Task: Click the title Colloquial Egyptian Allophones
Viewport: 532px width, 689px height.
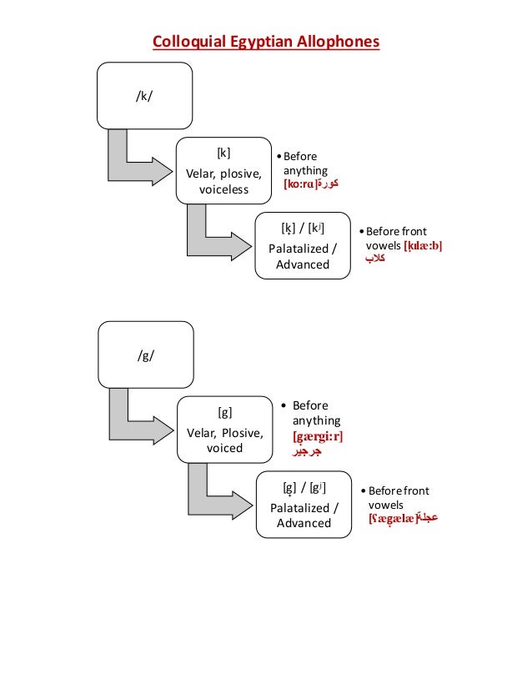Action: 265,41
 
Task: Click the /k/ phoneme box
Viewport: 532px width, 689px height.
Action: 145,95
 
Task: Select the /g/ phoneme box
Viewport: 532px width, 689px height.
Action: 146,354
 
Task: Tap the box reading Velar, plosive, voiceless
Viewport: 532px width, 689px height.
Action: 223,171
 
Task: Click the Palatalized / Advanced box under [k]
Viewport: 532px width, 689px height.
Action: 303,246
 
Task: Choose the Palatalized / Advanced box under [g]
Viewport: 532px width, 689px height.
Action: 304,505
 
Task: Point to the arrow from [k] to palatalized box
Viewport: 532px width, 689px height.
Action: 212,239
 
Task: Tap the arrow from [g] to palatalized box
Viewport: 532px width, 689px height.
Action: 212,497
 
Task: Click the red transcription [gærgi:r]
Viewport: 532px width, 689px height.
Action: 318,436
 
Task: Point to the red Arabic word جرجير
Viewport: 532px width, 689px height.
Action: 305,451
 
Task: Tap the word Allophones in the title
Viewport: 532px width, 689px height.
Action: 334,41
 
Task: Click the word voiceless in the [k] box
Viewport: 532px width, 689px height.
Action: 223,189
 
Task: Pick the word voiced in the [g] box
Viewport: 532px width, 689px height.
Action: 224,448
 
